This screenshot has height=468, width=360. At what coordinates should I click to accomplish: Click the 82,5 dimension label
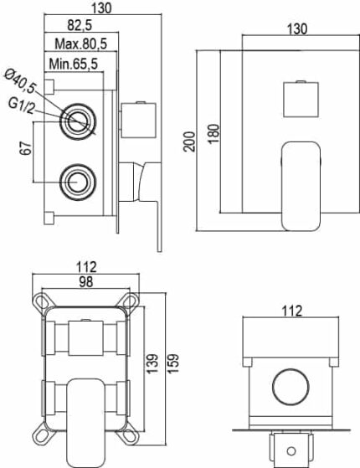pos(80,25)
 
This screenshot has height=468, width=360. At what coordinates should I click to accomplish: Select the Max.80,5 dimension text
pos(81,44)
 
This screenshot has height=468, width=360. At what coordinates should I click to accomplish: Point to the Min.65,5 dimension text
pos(74,64)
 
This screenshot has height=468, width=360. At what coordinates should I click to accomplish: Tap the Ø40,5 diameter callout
pos(20,81)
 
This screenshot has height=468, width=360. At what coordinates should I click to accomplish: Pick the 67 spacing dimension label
pos(26,148)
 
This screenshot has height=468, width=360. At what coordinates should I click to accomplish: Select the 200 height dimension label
pos(189,141)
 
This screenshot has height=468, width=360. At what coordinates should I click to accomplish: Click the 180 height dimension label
pos(213,134)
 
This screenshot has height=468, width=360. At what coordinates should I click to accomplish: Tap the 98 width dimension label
pos(86,281)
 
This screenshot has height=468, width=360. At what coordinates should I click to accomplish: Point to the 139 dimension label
pos(152,363)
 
